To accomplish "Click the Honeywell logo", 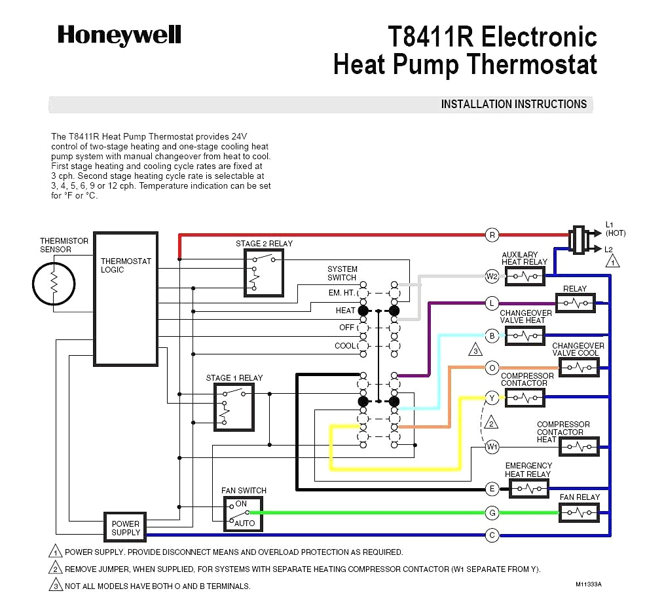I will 119,35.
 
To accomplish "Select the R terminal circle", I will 492,235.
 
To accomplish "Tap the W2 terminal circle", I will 492,276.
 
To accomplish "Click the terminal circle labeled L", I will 492,303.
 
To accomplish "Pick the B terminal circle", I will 492,335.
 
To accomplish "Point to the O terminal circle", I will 492,368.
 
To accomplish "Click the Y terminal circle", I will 492,397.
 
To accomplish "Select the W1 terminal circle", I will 492,447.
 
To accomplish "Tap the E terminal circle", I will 492,488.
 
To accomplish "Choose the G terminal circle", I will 492,512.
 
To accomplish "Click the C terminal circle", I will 492,535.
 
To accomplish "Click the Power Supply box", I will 125,527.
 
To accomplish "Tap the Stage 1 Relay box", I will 234,406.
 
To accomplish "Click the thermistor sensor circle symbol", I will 55,283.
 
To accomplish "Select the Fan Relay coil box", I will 579,512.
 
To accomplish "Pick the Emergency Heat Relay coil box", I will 528,488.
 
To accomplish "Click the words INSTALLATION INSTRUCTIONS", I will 513,104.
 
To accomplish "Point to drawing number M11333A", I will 588,584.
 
